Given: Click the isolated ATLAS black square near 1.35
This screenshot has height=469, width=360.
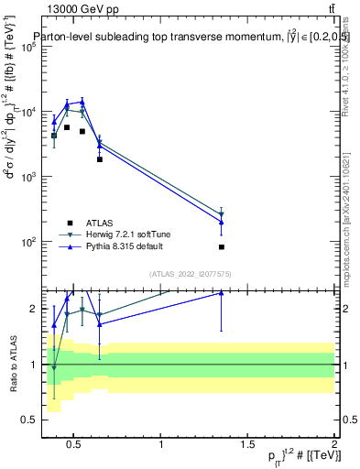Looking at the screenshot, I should [x=222, y=247].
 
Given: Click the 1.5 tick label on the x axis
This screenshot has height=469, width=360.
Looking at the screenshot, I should [x=247, y=444].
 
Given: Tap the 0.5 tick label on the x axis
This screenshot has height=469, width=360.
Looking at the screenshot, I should [x=74, y=444].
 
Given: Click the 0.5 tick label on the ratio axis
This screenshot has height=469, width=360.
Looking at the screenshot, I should [x=27, y=420].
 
